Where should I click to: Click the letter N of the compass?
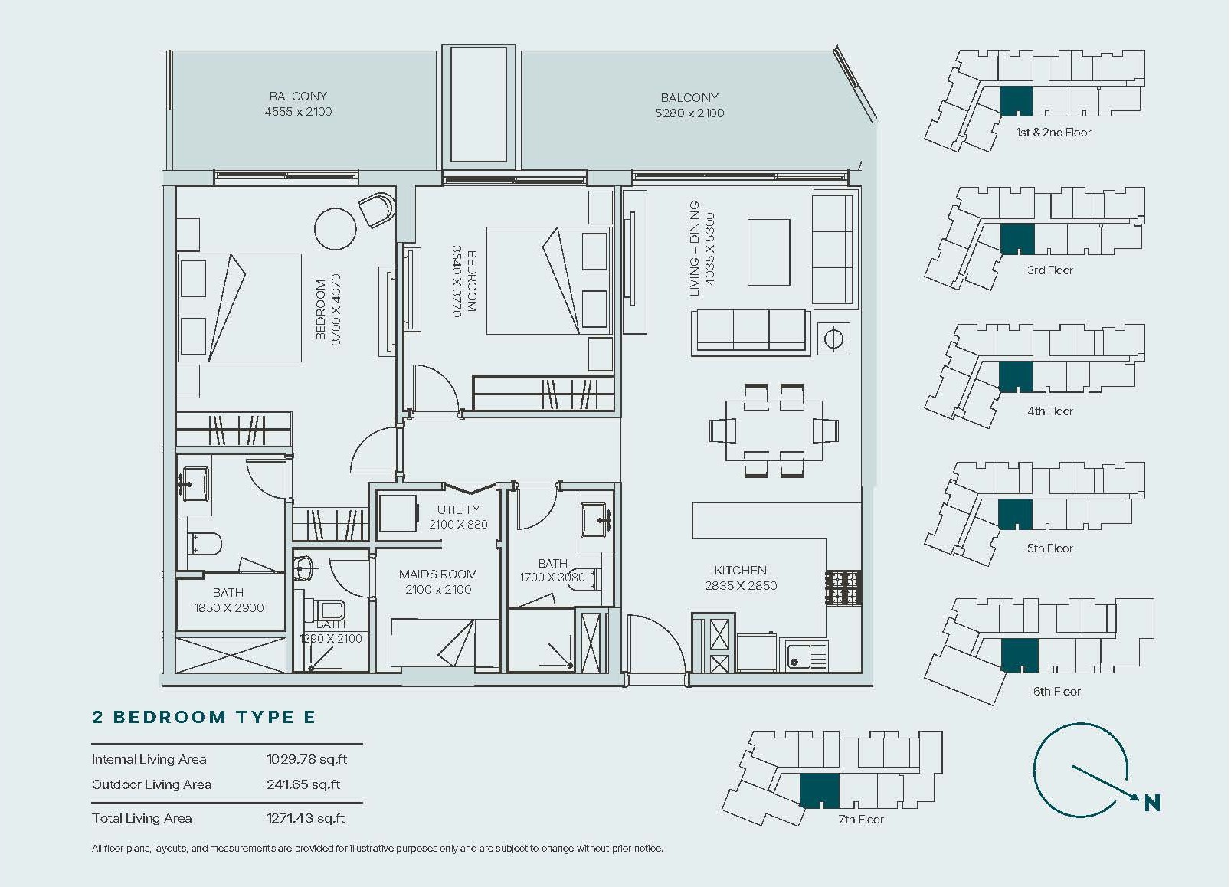pos(1152,803)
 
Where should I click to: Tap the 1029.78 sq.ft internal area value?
pos(306,759)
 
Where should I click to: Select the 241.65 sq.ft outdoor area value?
pos(303,784)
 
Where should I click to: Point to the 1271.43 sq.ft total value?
pos(306,818)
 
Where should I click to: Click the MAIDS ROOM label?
pos(438,574)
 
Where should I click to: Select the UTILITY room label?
pos(458,509)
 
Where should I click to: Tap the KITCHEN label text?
pos(740,571)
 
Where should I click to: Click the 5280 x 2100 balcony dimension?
pos(689,113)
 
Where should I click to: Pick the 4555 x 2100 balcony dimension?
pos(299,112)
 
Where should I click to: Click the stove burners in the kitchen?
pos(843,588)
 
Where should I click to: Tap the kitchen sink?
pos(807,655)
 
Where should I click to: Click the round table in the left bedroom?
pos(336,228)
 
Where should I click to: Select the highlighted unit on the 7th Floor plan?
pos(820,790)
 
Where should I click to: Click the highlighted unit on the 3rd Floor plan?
pos(1017,240)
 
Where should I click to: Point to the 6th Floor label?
pos(1057,692)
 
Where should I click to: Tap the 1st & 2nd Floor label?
pos(1053,133)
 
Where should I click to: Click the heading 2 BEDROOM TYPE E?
pos(204,717)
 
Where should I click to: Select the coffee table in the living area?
pos(769,252)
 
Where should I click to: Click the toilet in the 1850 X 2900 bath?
pos(204,544)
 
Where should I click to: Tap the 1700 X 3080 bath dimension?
pos(552,578)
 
